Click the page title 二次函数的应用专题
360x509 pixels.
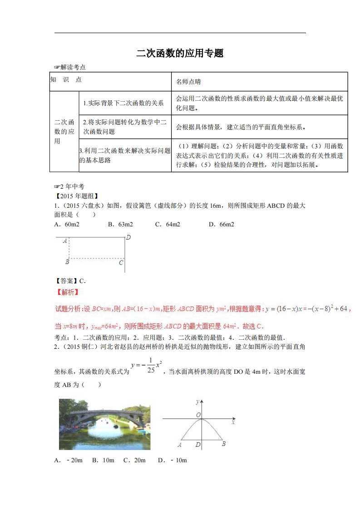pos(180,54)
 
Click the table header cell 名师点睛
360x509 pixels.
pos(188,82)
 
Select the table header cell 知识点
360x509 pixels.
pos(66,79)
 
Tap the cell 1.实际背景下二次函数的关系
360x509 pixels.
pos(123,103)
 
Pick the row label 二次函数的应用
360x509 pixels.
pos(64,132)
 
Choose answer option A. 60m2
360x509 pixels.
pos(66,224)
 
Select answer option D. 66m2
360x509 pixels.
pos(221,224)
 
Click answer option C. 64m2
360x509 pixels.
pos(168,224)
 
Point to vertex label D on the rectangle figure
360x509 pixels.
pos(128,237)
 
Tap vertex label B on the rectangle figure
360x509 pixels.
pos(67,262)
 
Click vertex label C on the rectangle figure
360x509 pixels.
pos(121,262)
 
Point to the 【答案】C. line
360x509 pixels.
pos(70,281)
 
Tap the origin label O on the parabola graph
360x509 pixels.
pos(198,415)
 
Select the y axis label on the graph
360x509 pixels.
pos(197,402)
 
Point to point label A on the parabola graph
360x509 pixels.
pos(180,445)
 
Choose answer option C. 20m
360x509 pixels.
pos(134,460)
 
